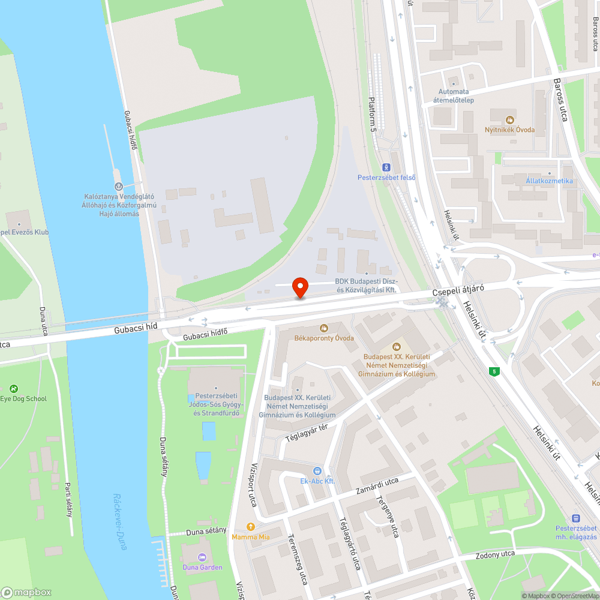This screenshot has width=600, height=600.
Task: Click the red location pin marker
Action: (299, 287)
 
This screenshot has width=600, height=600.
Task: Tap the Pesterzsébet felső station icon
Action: (386, 167)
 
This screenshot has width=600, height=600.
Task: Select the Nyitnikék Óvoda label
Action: (509, 130)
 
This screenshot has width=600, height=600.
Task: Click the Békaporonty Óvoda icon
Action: (324, 328)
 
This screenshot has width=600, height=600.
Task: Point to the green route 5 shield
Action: (494, 372)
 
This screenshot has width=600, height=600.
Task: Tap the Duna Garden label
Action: (202, 567)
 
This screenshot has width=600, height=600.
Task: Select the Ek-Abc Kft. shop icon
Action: (317, 471)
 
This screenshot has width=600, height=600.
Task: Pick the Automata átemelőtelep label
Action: (455, 96)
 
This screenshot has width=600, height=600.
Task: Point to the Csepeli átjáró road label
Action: (458, 291)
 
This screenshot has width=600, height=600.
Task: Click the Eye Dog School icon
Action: (14, 389)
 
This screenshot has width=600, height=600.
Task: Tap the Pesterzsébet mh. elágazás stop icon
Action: (576, 518)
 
